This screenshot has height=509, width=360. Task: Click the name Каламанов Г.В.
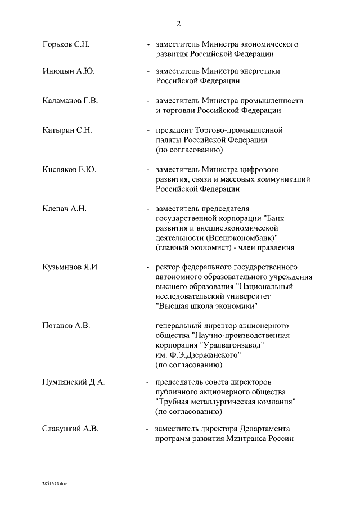[70, 101]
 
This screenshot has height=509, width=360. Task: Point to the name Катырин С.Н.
[67, 130]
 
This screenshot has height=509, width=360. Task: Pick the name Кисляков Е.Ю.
[69, 169]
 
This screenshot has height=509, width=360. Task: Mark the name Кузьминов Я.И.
[70, 267]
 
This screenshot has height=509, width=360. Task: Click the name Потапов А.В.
[66, 326]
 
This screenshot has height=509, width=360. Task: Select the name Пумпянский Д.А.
[74, 383]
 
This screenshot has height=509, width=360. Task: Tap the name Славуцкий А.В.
[70, 429]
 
